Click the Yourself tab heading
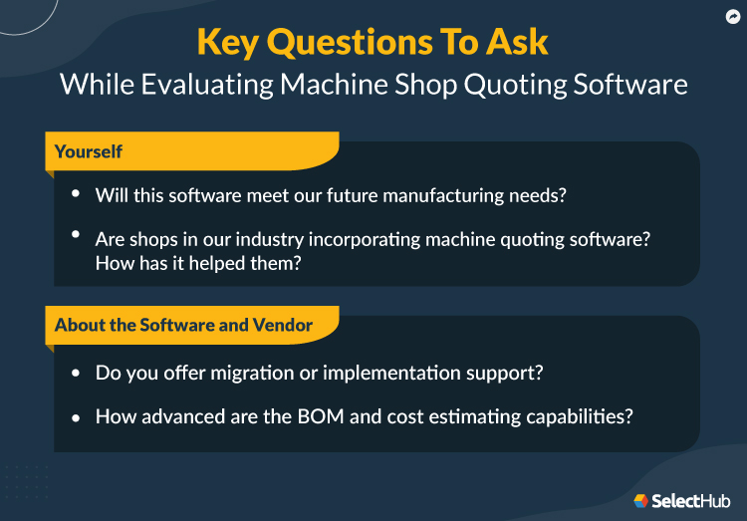(x=89, y=151)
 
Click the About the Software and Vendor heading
(x=183, y=326)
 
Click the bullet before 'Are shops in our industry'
(x=76, y=237)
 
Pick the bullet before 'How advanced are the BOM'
(x=76, y=416)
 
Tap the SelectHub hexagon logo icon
(x=641, y=500)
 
